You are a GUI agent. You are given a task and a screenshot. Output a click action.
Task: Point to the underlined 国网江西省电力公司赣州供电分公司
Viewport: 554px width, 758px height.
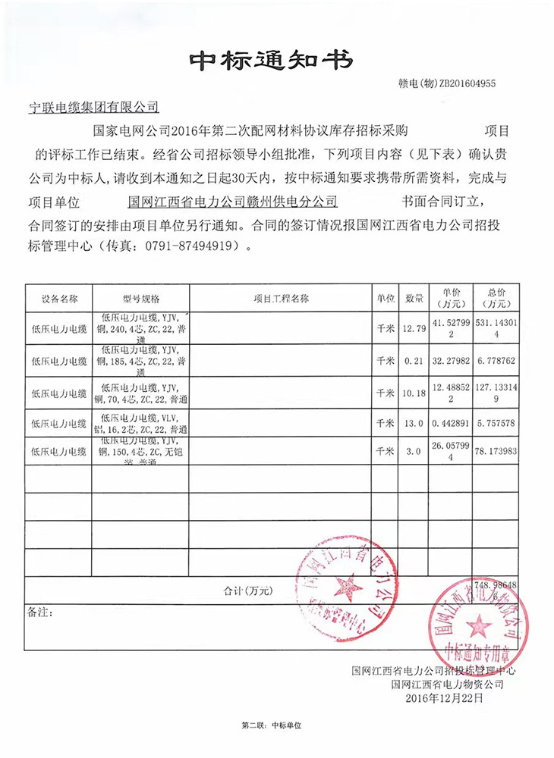[x=233, y=202]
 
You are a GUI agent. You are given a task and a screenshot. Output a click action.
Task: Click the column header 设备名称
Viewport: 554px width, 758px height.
[x=59, y=299]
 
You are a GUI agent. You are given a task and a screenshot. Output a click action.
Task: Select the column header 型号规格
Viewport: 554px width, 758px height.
[x=140, y=299]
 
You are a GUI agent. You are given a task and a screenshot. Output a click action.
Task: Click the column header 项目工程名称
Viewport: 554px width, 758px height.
[x=281, y=299]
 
